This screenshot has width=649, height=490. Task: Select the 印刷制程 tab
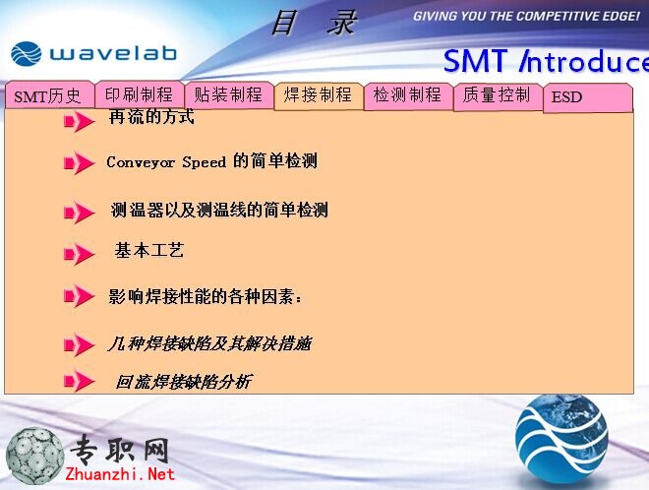click(140, 94)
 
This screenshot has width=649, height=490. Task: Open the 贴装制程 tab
click(229, 94)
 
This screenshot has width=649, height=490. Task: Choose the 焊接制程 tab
click(319, 95)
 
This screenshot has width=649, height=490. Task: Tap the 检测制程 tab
click(408, 95)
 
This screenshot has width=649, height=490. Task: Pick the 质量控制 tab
click(498, 96)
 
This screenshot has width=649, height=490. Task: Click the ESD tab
click(588, 97)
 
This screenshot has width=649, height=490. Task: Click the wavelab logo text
click(113, 54)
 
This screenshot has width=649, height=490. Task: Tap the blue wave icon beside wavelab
click(27, 54)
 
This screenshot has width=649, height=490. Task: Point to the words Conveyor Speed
click(166, 162)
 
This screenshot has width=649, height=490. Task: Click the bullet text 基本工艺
click(149, 251)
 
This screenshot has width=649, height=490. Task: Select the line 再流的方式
click(151, 117)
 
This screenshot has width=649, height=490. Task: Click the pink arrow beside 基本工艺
click(79, 254)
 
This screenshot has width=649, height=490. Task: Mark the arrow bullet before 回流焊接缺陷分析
click(79, 381)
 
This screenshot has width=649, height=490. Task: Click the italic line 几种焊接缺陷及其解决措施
click(209, 343)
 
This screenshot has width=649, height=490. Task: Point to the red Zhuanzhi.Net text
click(120, 474)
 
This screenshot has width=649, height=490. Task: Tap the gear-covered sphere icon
click(34, 457)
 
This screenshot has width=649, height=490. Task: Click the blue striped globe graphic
click(561, 439)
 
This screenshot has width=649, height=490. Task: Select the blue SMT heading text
click(475, 61)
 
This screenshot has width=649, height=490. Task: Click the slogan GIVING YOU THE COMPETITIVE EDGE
click(526, 17)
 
